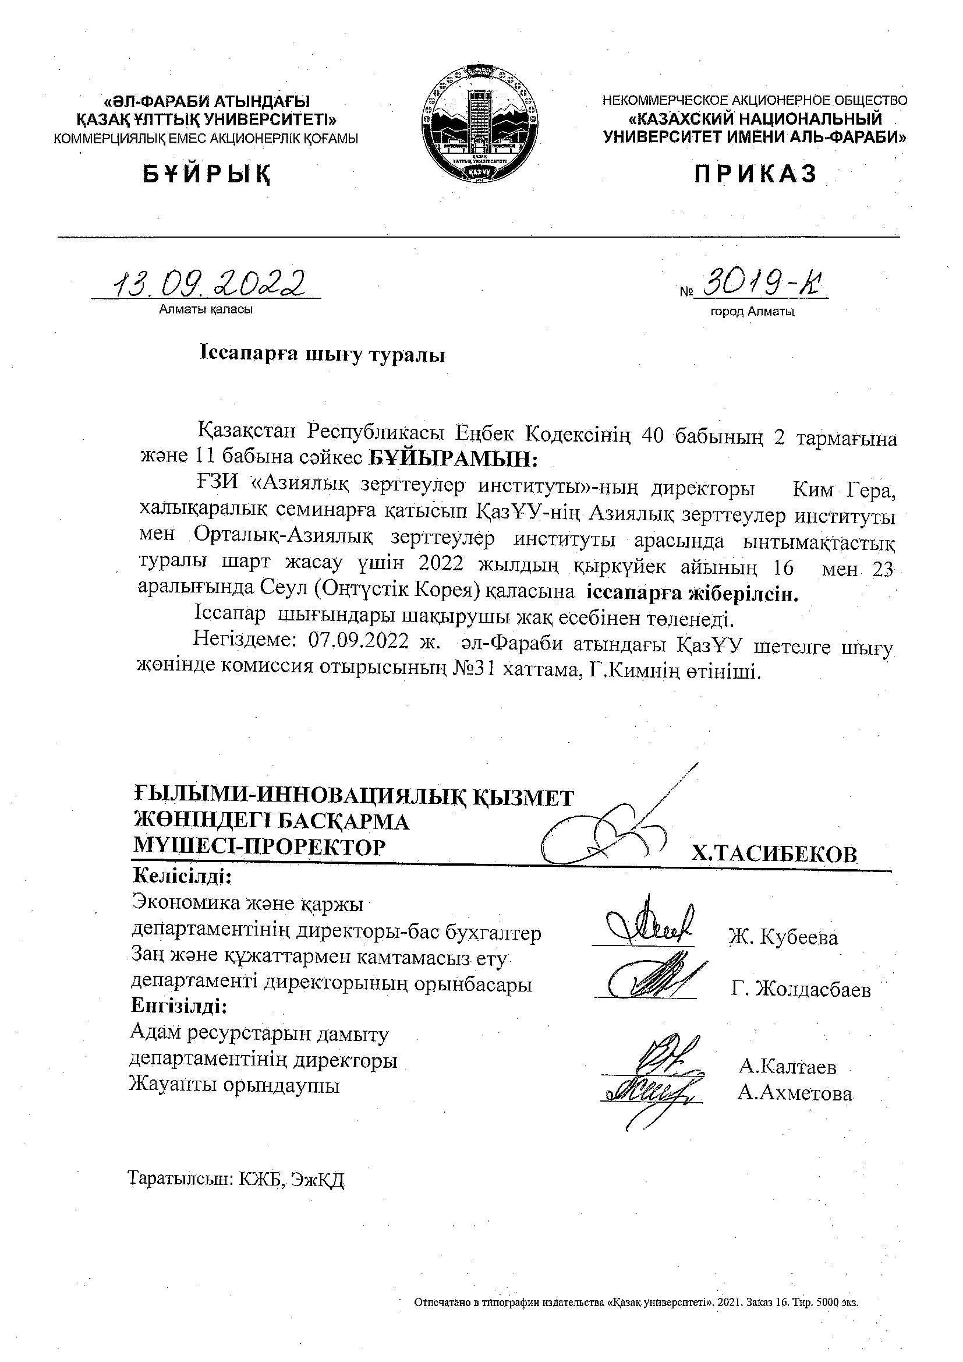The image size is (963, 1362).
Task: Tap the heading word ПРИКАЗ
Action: tap(756, 174)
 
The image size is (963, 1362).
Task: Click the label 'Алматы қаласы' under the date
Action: tap(206, 310)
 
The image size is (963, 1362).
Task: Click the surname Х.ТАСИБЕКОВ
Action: tap(774, 854)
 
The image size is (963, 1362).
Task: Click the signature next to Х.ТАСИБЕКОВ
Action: tap(617, 828)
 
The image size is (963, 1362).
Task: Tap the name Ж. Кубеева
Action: tap(783, 937)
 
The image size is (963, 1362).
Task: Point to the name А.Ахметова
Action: tap(795, 1093)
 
